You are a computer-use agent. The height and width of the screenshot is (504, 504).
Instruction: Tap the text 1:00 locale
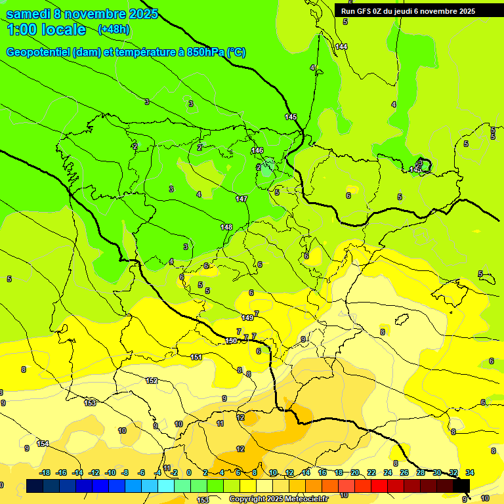pyautogui.click(x=46, y=30)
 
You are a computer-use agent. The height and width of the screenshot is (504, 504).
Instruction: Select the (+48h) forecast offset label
pyautogui.click(x=114, y=30)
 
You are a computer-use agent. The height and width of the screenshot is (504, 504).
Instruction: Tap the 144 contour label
pyautogui.click(x=341, y=47)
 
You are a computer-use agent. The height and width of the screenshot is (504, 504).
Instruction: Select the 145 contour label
pyautogui.click(x=291, y=117)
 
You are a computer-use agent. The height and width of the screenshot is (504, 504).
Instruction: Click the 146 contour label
pyautogui.click(x=257, y=151)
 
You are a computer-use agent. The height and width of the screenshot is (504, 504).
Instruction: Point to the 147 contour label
pyautogui.click(x=241, y=199)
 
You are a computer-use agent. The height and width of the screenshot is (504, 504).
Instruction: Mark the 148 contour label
pyautogui.click(x=226, y=227)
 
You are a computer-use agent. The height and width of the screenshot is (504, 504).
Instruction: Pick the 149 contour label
pyautogui.click(x=247, y=318)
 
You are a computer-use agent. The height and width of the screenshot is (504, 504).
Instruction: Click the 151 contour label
pyautogui.click(x=196, y=357)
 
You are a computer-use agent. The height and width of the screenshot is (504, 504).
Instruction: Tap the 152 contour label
pyautogui.click(x=152, y=381)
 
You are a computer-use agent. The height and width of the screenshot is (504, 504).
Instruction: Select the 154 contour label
pyautogui.click(x=43, y=444)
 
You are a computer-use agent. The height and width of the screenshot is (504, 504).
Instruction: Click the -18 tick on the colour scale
pyautogui.click(x=45, y=472)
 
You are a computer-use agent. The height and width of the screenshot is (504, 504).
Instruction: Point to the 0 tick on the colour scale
pyautogui.click(x=189, y=472)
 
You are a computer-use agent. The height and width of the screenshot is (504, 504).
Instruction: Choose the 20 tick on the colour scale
pyautogui.click(x=354, y=472)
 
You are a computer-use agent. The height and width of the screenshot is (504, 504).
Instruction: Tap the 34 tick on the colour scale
pyautogui.click(x=470, y=472)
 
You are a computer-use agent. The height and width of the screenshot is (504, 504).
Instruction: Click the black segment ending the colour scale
pyautogui.click(x=461, y=486)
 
